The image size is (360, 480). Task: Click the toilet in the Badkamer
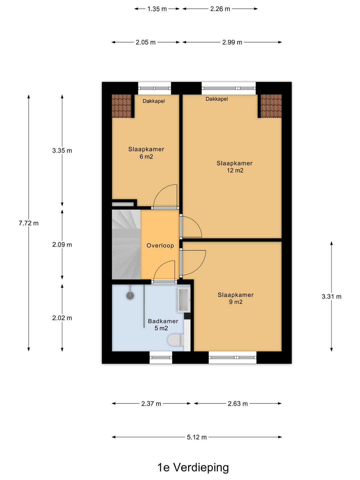(176, 340)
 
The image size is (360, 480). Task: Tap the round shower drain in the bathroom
(130, 296)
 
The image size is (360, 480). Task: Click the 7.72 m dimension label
(29, 223)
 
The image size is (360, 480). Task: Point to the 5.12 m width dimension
(197, 437)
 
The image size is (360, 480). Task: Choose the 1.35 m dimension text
(157, 9)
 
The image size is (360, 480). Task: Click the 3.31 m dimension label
(331, 297)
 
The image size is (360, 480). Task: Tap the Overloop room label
(160, 246)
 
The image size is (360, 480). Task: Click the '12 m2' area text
(235, 170)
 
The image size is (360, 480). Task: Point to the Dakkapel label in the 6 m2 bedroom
(154, 101)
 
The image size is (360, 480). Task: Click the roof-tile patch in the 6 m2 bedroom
(122, 106)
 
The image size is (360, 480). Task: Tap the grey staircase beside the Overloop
(126, 244)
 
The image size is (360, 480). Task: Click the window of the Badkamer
(161, 357)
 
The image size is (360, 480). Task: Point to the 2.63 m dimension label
(238, 403)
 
